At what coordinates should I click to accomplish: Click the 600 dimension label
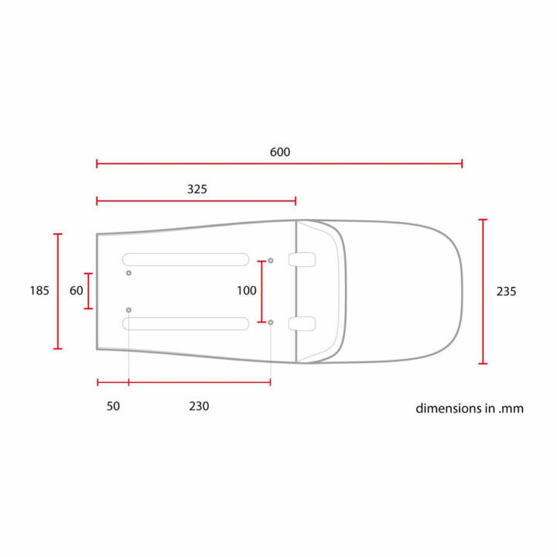click(x=280, y=152)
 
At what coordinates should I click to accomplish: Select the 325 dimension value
click(x=197, y=189)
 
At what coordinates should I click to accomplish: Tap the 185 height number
click(x=39, y=291)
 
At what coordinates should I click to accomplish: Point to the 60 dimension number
click(x=76, y=291)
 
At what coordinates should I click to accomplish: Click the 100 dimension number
click(x=246, y=291)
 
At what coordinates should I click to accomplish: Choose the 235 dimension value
click(x=506, y=292)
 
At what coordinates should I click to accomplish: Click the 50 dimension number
click(x=113, y=405)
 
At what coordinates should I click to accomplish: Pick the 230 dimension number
click(x=199, y=405)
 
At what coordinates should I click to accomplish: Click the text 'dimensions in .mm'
click(x=470, y=408)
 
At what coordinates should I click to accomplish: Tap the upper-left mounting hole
click(x=129, y=273)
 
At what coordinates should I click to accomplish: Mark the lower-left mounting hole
click(x=129, y=309)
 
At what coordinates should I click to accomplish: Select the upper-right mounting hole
click(x=271, y=261)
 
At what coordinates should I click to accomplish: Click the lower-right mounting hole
click(x=271, y=322)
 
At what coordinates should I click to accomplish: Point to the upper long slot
click(x=186, y=259)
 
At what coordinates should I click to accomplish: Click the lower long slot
click(x=186, y=323)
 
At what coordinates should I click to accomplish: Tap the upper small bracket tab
click(x=302, y=259)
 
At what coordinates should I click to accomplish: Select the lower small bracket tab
click(x=302, y=323)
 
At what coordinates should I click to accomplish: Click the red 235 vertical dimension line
click(x=484, y=292)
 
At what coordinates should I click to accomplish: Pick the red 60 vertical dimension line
click(x=89, y=291)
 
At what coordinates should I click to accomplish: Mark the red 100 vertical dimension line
click(x=261, y=292)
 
